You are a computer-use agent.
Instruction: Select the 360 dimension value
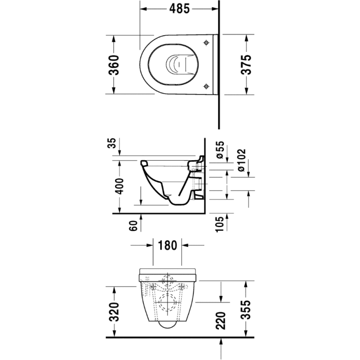coord(113,64)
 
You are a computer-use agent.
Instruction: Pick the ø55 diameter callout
coord(220,149)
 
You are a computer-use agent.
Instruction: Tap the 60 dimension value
coord(133,226)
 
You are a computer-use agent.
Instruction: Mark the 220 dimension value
coord(221,321)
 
